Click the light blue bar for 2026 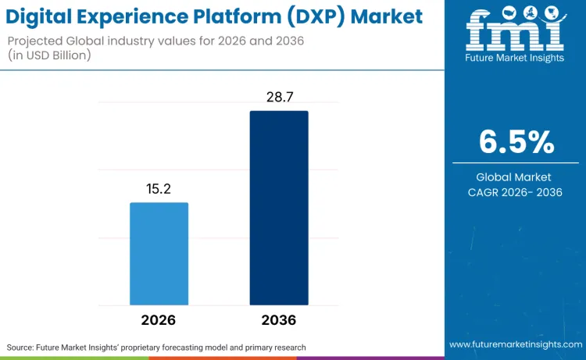coord(159,254)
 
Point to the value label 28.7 coord(279,98)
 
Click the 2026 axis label coord(159,320)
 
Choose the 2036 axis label coord(279,320)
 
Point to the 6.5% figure coord(516,142)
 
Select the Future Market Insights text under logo coord(515,58)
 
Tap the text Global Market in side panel coord(515,177)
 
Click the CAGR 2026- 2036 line coord(515,192)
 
